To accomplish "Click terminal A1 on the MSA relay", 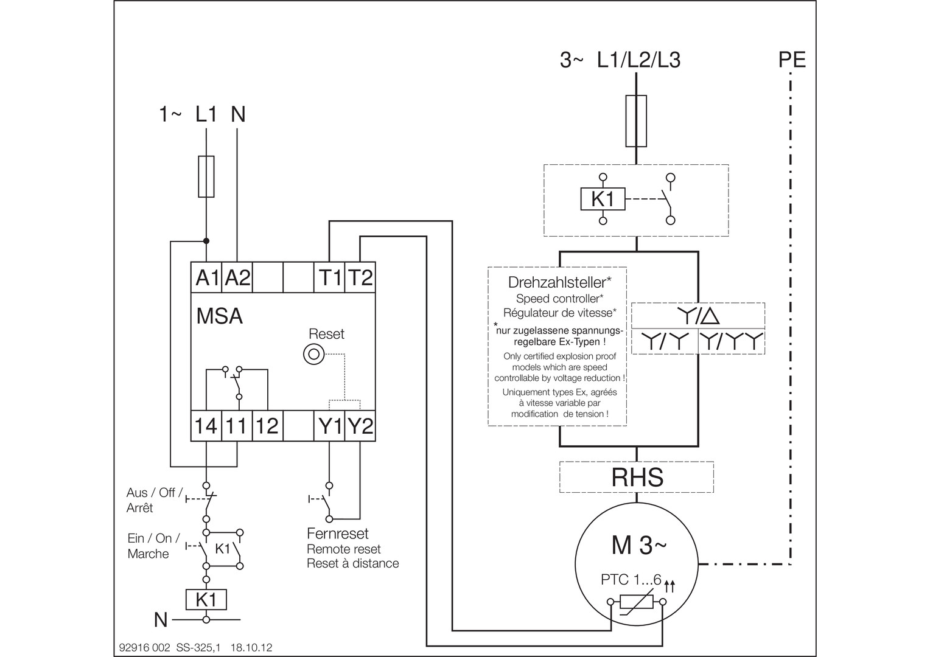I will coord(207,277).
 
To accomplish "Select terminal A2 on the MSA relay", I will coord(237,277).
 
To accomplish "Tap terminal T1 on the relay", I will coord(330,277).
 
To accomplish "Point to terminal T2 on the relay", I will coord(360,277).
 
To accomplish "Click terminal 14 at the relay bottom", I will coord(206,426).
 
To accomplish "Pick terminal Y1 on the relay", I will coord(330,426).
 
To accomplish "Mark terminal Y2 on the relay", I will coord(360,426).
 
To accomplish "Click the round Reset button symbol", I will coord(313,354).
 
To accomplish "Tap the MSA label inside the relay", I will coord(219,316).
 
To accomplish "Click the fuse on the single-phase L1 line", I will coord(206,176).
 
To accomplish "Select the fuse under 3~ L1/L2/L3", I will coord(636,121).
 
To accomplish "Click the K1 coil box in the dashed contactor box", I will coord(603,199).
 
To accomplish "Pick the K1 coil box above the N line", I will coord(206,599).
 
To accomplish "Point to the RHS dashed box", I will coord(637,478).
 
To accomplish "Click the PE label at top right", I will coord(792,60).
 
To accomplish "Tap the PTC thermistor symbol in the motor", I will coord(637,603).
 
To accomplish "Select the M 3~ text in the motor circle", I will coord(638,546).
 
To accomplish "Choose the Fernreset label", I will coord(338,534).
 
